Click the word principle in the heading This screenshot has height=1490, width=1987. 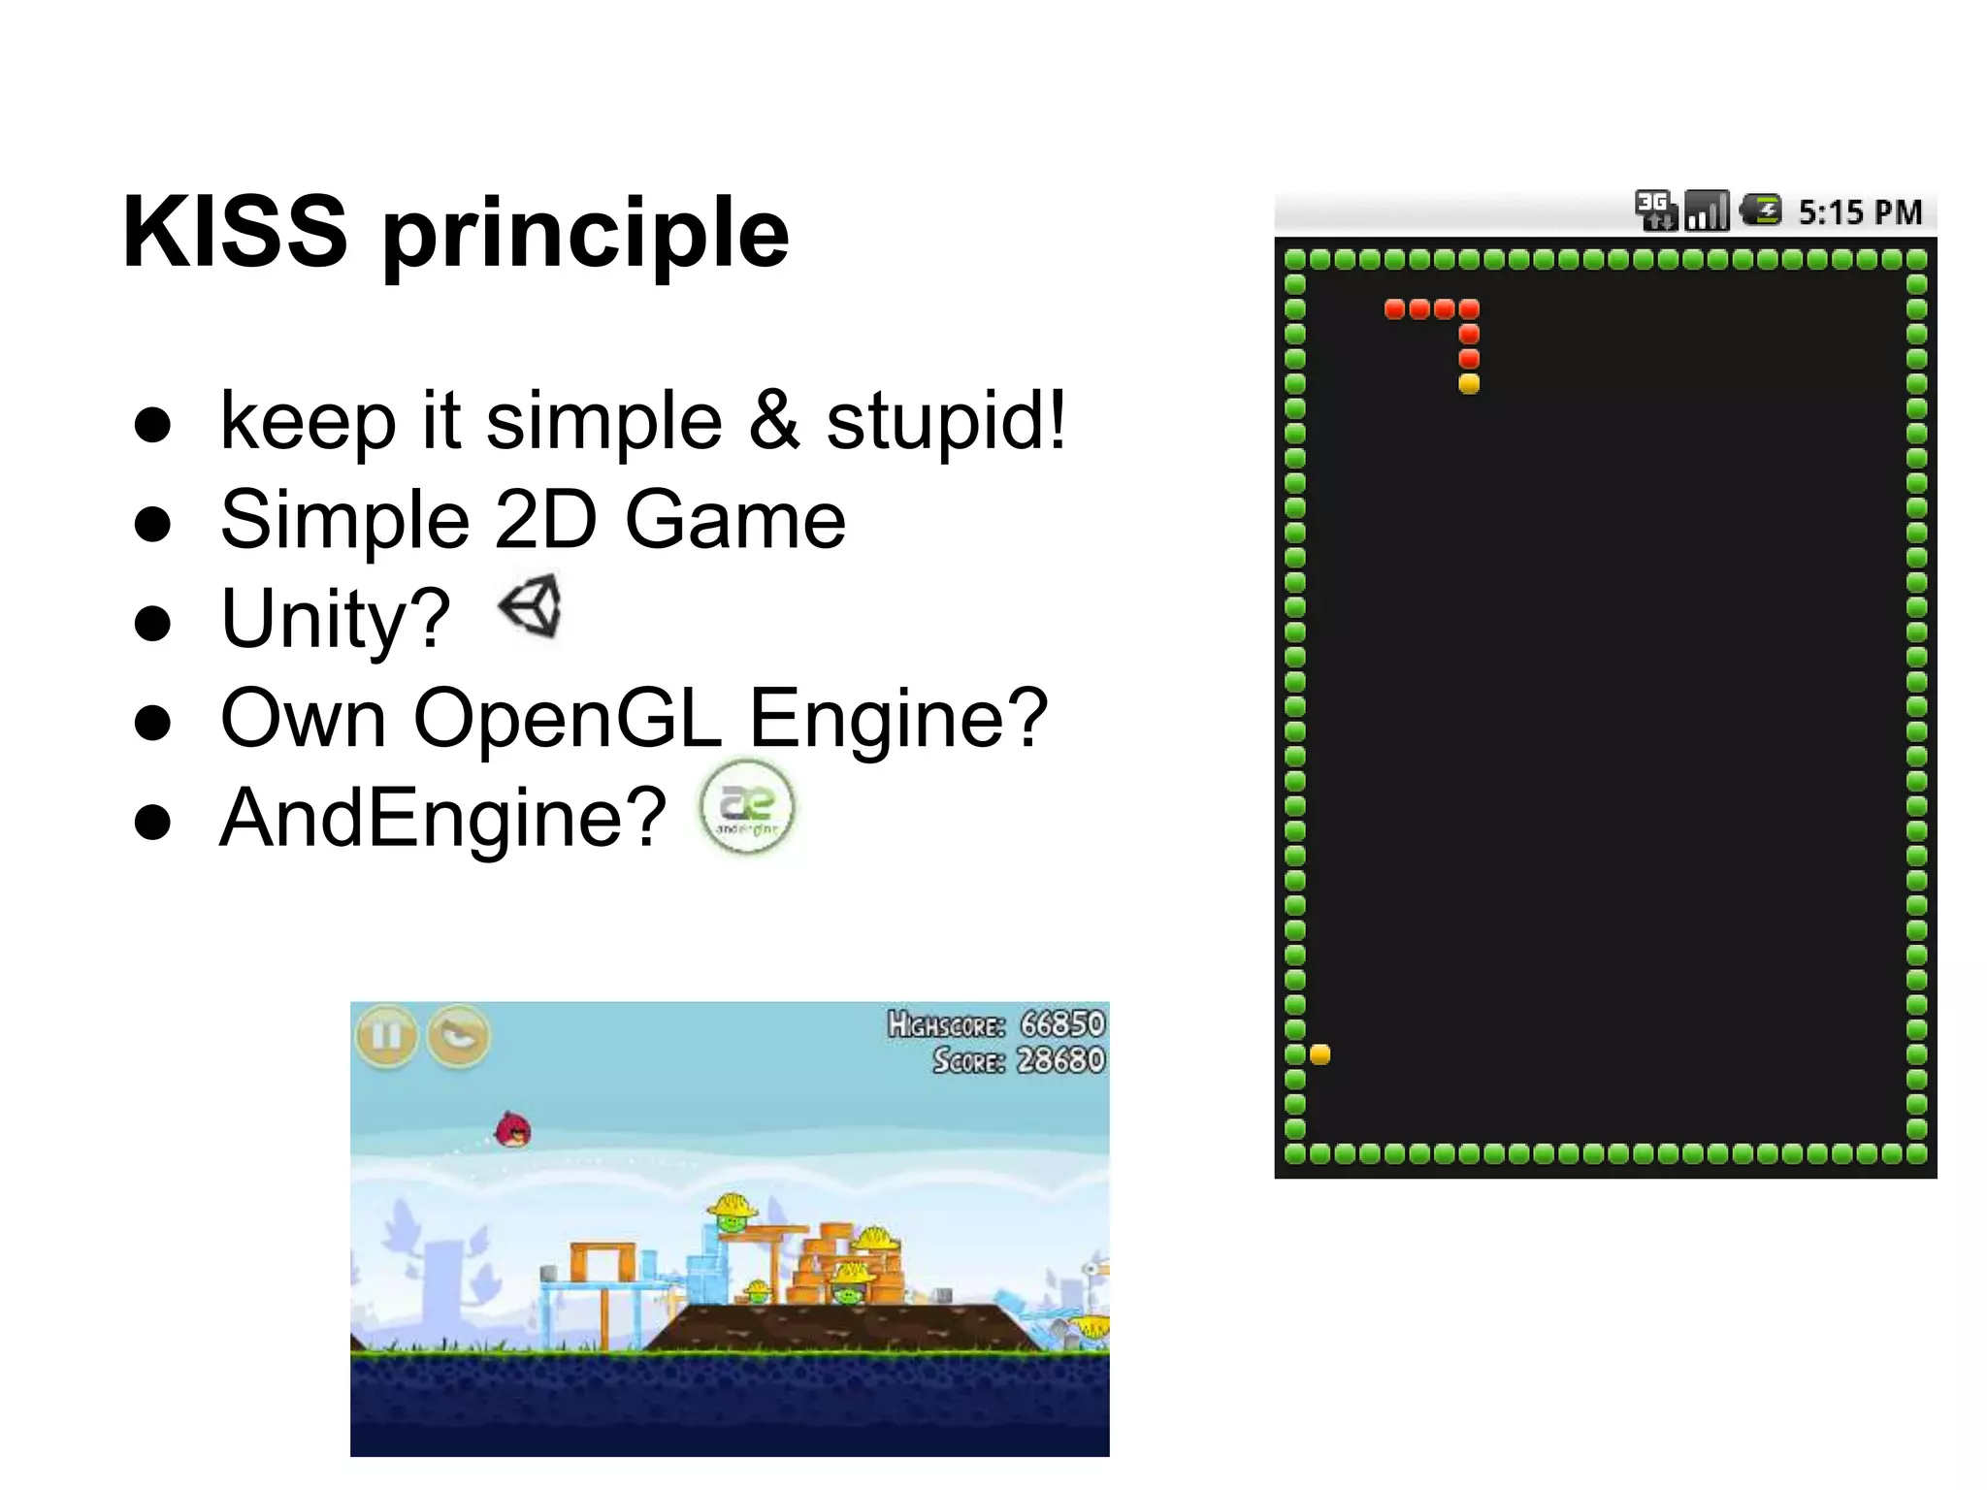click(586, 237)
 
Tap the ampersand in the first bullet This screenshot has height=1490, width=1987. click(774, 422)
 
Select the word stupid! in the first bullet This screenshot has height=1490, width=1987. click(946, 422)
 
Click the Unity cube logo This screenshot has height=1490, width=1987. click(531, 606)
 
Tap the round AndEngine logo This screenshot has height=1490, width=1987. click(746, 808)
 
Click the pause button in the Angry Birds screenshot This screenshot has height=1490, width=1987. click(386, 1036)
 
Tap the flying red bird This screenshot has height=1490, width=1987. click(513, 1130)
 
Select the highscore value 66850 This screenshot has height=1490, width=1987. click(1062, 1024)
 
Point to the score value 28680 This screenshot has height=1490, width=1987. click(1060, 1060)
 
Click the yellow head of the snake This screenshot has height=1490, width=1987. click(1469, 384)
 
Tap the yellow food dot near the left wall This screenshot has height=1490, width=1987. click(1319, 1054)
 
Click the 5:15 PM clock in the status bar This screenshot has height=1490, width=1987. click(1859, 212)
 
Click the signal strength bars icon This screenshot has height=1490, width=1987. click(1707, 211)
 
